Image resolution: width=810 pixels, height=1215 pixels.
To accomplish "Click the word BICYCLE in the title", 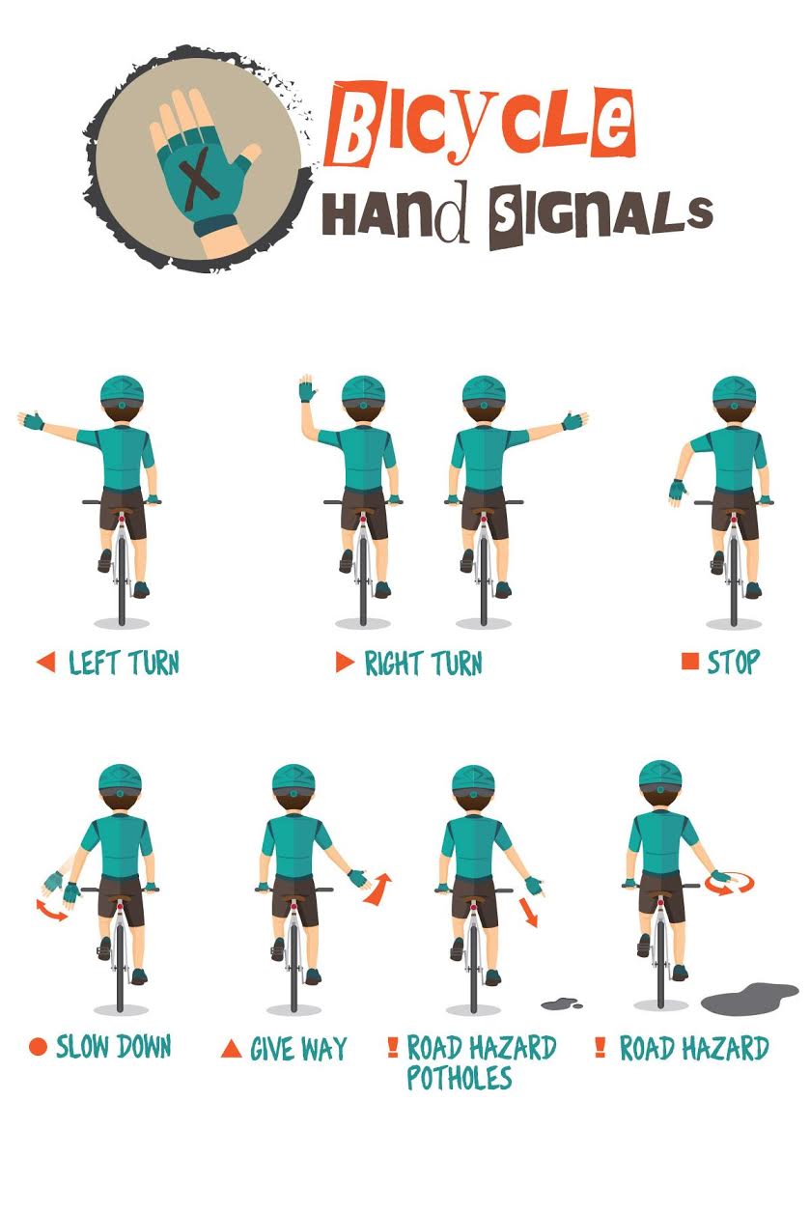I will coord(480,124).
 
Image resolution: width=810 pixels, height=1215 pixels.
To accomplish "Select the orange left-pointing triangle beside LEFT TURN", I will coord(45,663).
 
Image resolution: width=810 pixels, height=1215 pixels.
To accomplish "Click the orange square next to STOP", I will coord(689,662).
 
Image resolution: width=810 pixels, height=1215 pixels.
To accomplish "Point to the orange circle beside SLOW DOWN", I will coord(38,1047).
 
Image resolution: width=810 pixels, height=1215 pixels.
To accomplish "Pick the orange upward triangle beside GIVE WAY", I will coord(231,1048).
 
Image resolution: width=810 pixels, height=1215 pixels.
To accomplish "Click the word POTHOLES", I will coord(459,1078).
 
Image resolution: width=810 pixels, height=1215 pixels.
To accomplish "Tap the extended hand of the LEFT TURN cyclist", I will coord(31,420).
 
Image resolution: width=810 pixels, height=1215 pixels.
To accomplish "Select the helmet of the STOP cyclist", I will coord(734,391).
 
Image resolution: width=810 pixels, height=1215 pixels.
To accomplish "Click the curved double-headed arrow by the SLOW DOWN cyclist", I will coord(52,910).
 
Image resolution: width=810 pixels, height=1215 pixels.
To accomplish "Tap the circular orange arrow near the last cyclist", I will coord(720,882).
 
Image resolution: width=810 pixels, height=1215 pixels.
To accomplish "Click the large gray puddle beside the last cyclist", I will coord(749,999).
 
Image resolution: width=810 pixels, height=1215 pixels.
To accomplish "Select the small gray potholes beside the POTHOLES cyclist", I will coord(561,1004).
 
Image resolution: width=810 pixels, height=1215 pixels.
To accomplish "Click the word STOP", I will coord(733,663).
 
